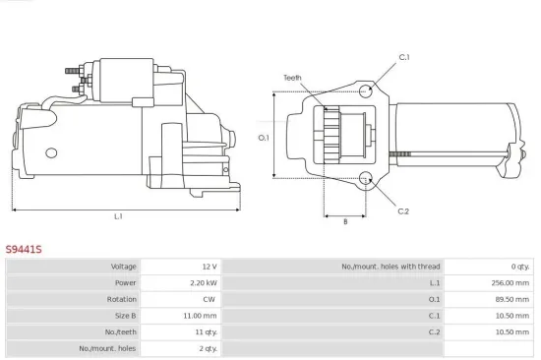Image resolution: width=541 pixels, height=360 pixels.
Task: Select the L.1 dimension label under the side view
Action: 119,216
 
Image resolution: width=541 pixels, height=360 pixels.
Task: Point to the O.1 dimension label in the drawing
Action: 264,137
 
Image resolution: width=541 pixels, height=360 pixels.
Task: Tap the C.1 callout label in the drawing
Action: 403,57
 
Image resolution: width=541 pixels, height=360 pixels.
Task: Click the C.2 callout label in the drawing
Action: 403,211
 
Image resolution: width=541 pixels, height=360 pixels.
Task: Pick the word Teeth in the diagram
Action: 292,77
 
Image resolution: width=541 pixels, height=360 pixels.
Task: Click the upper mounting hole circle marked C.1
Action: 366,91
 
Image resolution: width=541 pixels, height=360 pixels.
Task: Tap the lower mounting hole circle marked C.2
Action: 366,179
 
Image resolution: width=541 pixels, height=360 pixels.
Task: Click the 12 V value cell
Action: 209,267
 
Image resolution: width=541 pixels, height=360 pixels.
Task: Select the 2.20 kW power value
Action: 203,283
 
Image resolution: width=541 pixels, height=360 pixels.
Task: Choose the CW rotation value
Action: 210,299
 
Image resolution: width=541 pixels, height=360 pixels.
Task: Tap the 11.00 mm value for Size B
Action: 201,316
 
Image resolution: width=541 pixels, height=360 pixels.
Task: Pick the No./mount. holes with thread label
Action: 391,267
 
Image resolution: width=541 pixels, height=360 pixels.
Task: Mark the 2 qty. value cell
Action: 207,348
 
